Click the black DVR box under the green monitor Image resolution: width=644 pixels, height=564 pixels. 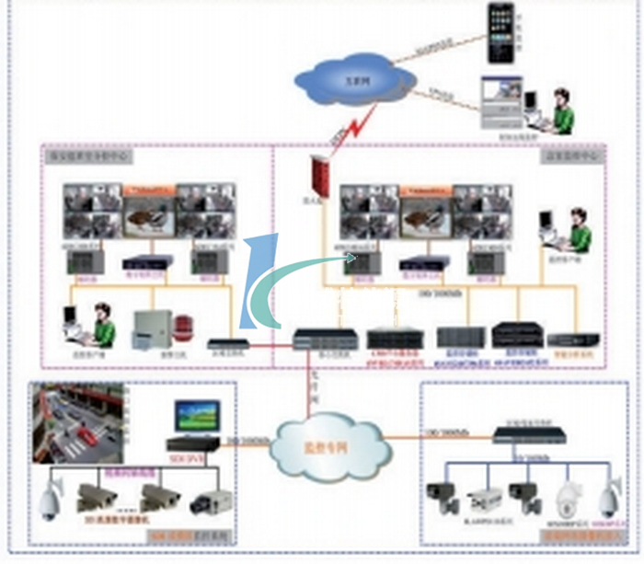[x=193, y=443]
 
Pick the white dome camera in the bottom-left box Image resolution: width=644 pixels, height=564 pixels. [x=48, y=501]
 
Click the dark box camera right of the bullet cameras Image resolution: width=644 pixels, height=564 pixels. [x=211, y=502]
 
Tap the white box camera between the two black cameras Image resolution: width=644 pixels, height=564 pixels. [x=485, y=498]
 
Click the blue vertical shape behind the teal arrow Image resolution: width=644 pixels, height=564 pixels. [x=259, y=281]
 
